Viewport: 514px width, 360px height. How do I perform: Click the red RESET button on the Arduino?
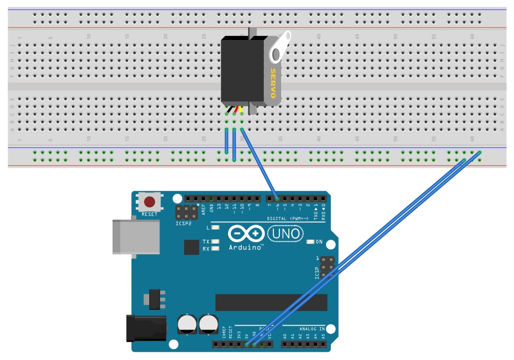pos(150,202)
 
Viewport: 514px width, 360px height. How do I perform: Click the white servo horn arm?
pos(281,46)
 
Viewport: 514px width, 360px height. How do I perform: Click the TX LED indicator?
pos(215,241)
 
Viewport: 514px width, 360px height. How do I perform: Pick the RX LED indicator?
pos(215,248)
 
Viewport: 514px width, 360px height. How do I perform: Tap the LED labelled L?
pos(215,227)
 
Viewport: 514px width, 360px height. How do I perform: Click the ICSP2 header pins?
pos(186,211)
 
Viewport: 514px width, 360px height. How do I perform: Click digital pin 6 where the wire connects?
pos(277,199)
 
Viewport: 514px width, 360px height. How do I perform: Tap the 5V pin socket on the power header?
pos(247,345)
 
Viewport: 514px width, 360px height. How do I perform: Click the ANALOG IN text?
pos(312,329)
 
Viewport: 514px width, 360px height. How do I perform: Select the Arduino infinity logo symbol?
pos(246,234)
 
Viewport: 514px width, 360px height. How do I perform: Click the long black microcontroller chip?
pos(271,302)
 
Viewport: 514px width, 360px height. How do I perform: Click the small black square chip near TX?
pos(191,247)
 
